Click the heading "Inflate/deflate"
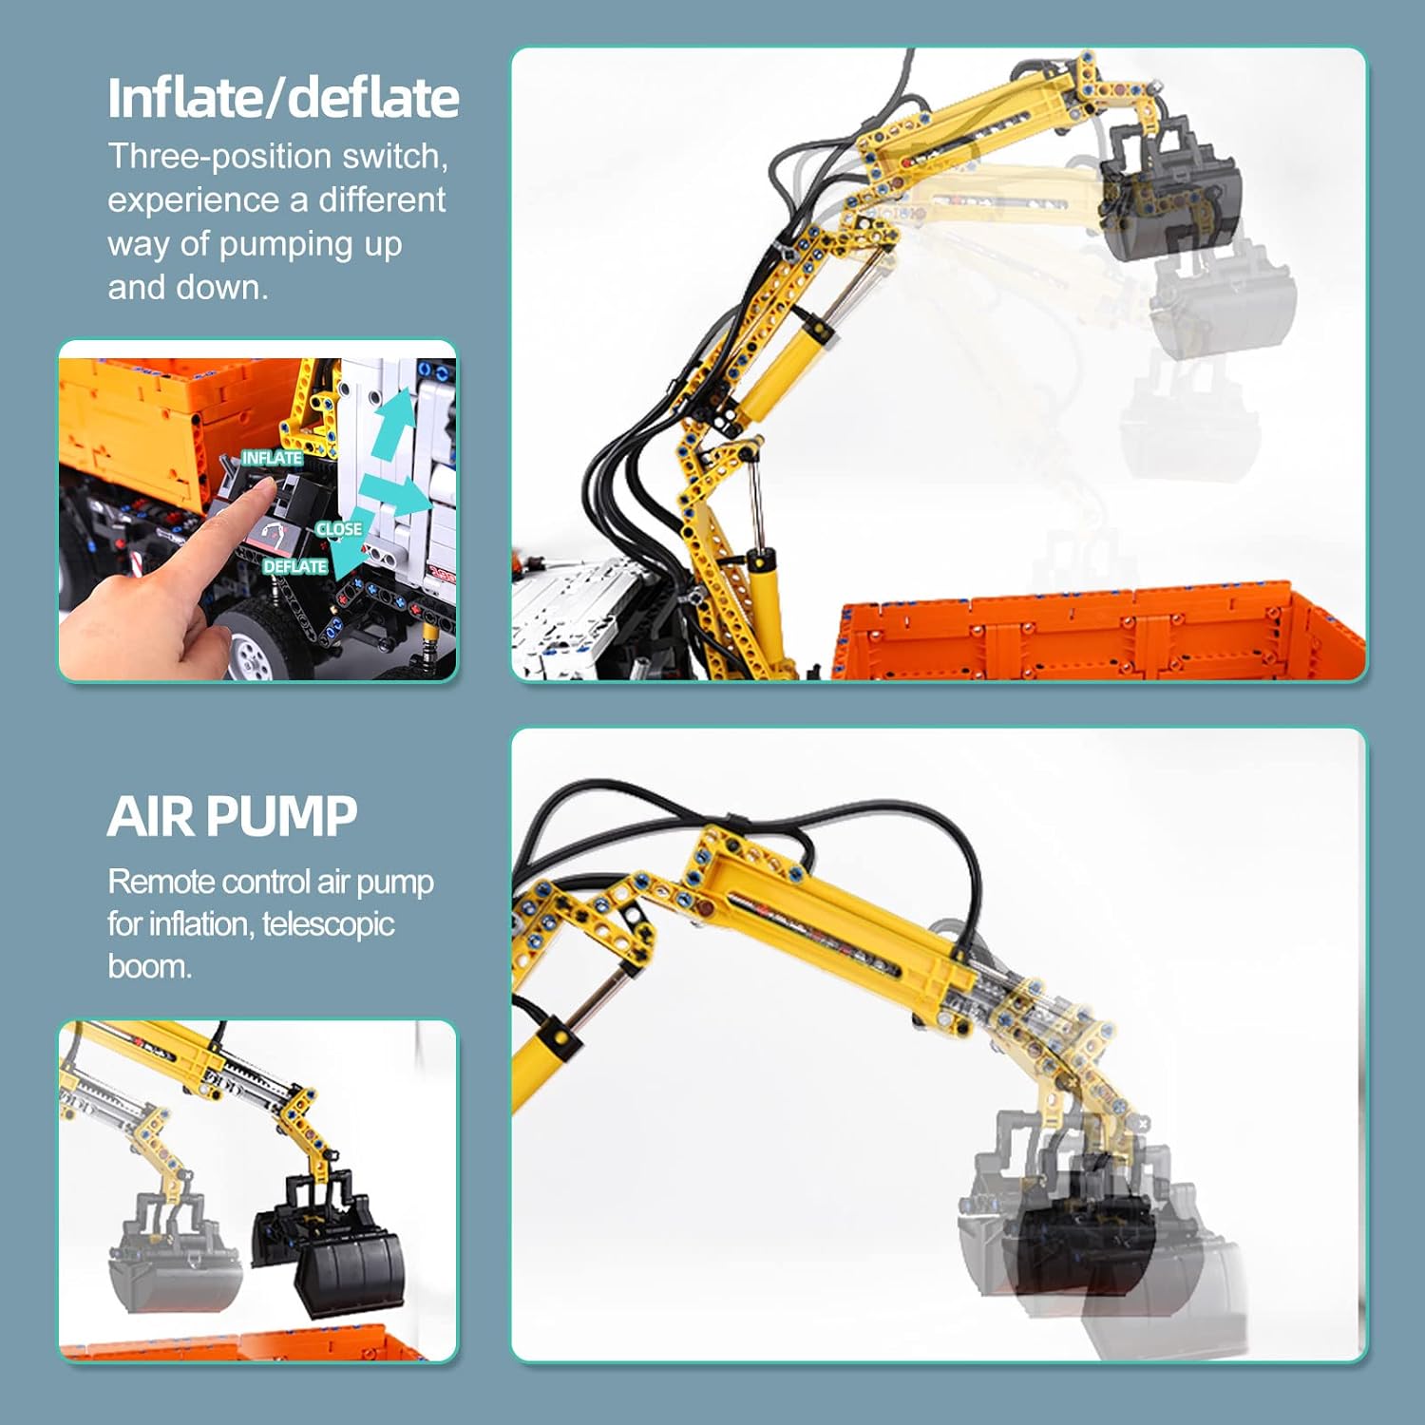pyautogui.click(x=283, y=99)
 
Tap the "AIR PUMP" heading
pyautogui.click(x=232, y=816)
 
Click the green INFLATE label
pyautogui.click(x=272, y=458)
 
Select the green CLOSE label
pyautogui.click(x=339, y=528)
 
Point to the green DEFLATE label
pyautogui.click(x=295, y=566)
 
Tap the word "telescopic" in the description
pyautogui.click(x=329, y=924)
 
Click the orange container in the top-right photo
pyautogui.click(x=1102, y=632)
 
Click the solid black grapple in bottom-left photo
pyautogui.click(x=329, y=1239)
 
